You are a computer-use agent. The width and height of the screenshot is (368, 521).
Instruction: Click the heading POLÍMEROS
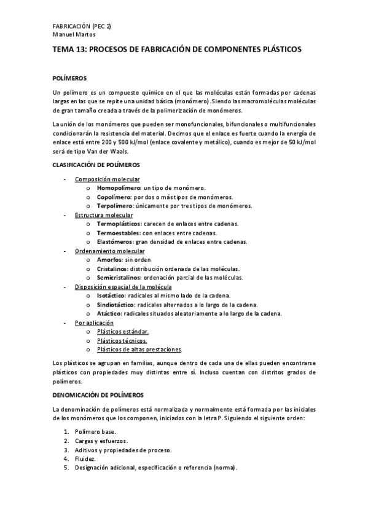[x=71, y=78]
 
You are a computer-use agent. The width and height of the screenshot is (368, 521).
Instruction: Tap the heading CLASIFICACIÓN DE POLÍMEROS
[x=96, y=165]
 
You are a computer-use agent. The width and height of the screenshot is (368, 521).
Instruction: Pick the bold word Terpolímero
[x=114, y=206]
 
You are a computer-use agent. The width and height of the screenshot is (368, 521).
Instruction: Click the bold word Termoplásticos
[x=119, y=224]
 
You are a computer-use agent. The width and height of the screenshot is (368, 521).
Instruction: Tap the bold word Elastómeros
[x=114, y=242]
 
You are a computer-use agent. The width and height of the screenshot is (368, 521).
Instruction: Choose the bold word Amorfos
[x=110, y=260]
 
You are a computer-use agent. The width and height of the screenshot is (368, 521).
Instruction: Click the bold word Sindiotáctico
[x=116, y=305]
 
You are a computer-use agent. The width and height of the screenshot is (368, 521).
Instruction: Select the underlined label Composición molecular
[x=107, y=179]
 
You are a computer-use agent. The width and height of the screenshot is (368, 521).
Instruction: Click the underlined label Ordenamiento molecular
[x=109, y=251]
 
